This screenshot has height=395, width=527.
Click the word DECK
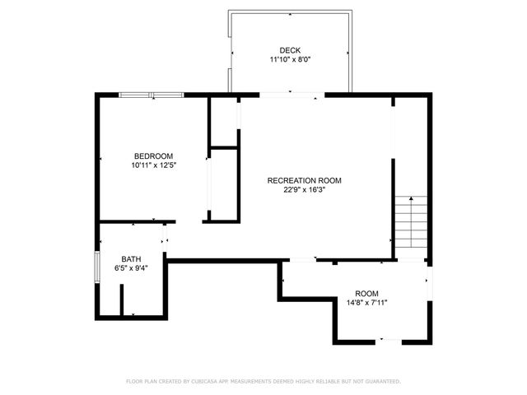(290, 50)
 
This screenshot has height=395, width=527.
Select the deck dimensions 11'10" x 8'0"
(290, 59)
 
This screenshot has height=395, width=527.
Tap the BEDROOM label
(154, 156)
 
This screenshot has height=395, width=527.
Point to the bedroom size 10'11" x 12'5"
(154, 165)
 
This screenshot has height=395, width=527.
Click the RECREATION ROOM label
(304, 180)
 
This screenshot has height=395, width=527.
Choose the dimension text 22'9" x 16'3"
(304, 189)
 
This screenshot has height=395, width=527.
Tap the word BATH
(132, 258)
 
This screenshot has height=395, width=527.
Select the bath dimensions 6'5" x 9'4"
(132, 267)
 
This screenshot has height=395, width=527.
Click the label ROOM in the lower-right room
(366, 294)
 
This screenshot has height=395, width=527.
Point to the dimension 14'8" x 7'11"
(366, 303)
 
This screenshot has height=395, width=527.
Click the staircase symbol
(411, 227)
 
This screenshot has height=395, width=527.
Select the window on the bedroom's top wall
(151, 95)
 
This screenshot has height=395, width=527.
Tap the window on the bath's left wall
(97, 267)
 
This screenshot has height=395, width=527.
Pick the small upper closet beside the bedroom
(223, 122)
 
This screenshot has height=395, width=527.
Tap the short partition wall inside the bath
(122, 301)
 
